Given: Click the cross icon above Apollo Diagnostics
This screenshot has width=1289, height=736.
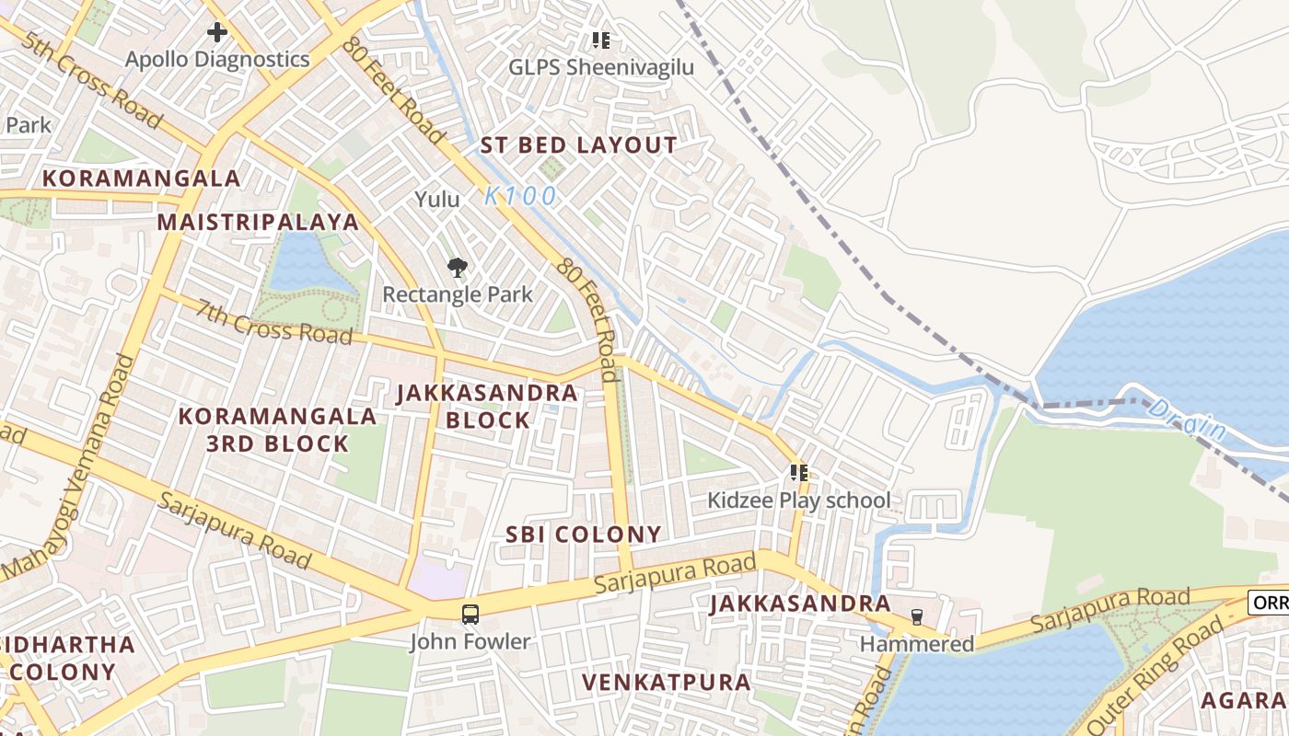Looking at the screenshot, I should (x=216, y=33).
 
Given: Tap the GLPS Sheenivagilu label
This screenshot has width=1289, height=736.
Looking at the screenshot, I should (x=601, y=67).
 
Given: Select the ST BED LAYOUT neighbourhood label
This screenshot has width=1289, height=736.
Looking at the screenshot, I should (x=579, y=145).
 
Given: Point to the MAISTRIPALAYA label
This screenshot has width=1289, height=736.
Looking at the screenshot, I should (x=258, y=222).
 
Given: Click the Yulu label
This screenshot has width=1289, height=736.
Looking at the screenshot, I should (x=436, y=199).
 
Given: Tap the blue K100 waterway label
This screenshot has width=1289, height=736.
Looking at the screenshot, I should (x=520, y=196).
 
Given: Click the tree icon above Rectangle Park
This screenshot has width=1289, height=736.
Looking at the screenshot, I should (x=457, y=268).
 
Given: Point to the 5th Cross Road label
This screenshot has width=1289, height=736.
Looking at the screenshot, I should (x=92, y=82).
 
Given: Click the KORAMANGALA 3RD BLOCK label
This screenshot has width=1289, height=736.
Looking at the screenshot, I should (x=277, y=430).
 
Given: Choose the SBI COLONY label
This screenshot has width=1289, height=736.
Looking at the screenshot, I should (x=584, y=535).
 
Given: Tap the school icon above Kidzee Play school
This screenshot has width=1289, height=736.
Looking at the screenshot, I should (x=798, y=474).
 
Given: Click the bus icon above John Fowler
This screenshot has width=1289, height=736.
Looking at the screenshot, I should (x=470, y=615).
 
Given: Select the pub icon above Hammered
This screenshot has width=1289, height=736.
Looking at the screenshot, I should (x=916, y=617).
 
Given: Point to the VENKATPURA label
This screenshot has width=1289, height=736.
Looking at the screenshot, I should (x=667, y=683).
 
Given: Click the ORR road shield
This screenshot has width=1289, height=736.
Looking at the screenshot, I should (x=1269, y=603).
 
